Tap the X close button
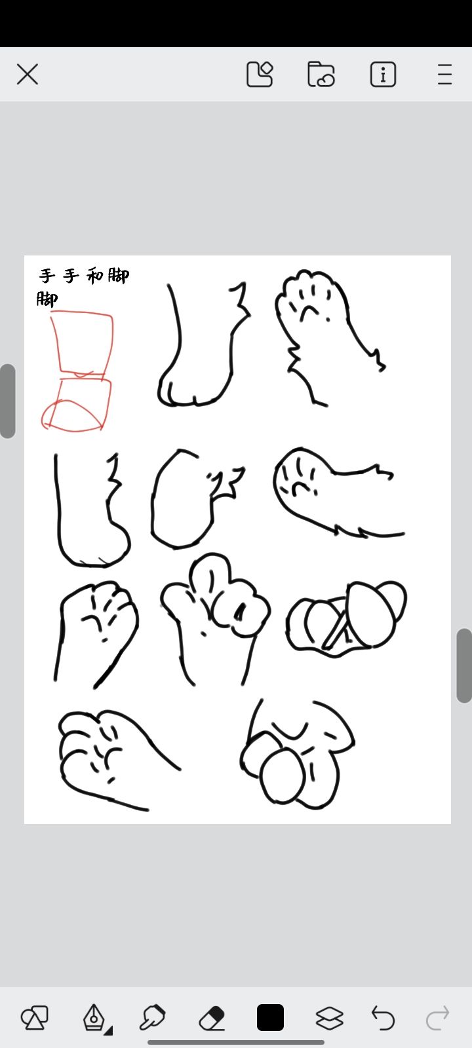coord(27,75)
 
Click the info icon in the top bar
coord(383,75)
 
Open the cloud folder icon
coord(321,75)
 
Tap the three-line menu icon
coord(445,75)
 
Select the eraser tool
coord(212,1017)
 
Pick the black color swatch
coord(270,1017)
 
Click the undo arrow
coord(383,1018)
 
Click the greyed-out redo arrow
coord(437,1018)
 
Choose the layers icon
coord(330,1018)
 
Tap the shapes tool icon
coord(35,1018)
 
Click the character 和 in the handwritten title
coord(95,276)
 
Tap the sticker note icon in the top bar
coord(260,75)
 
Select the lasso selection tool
coord(152,1017)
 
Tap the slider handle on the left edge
coord(7,401)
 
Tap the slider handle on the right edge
coord(465,665)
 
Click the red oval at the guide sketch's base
coord(72,415)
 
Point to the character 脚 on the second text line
coord(47,299)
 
